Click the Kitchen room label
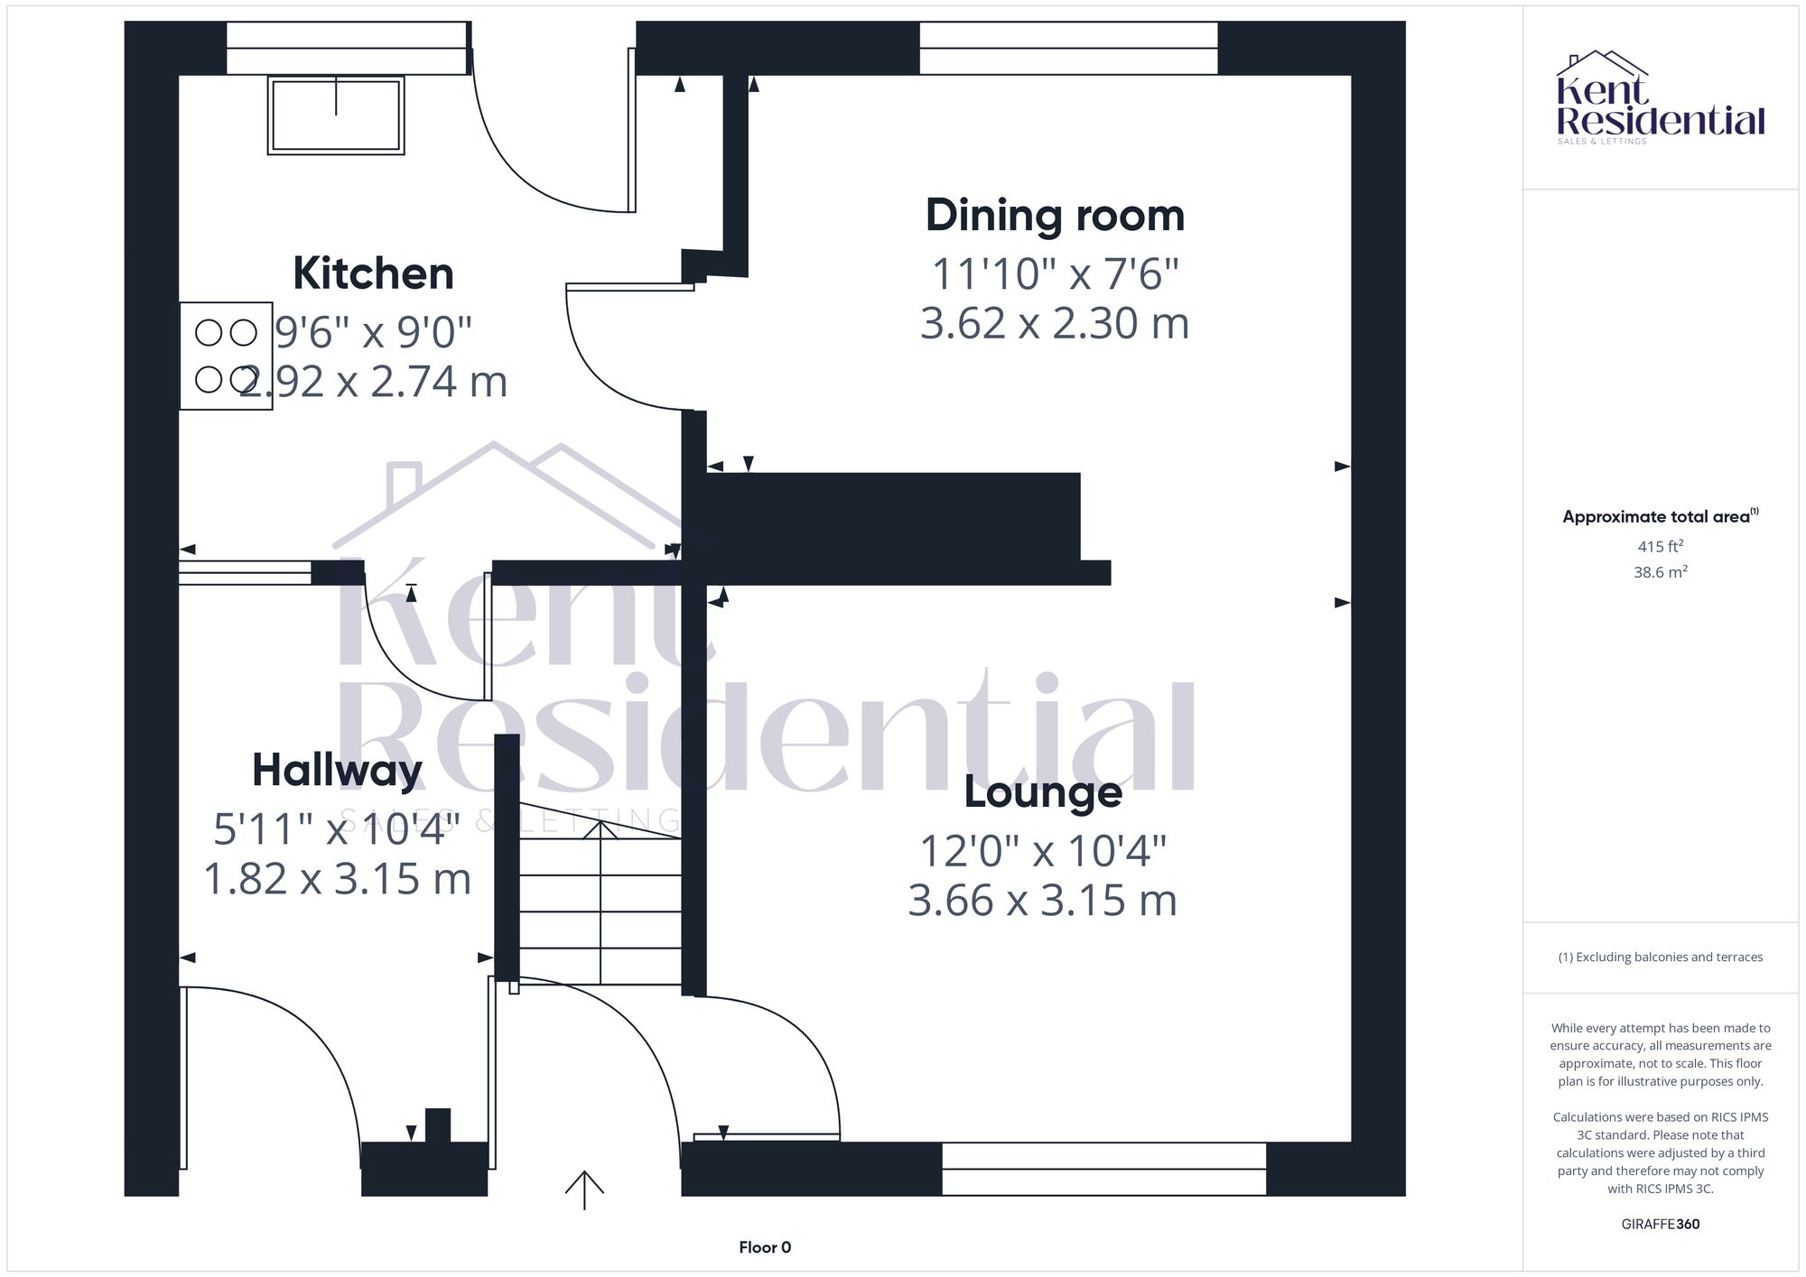(x=373, y=273)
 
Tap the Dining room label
(x=1055, y=216)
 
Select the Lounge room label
(x=1043, y=792)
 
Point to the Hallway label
(x=337, y=770)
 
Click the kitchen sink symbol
(x=336, y=115)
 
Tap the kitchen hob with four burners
(x=226, y=356)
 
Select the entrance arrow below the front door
(x=584, y=1189)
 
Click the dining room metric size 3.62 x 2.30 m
(x=1055, y=323)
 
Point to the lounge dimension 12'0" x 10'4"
(x=1043, y=850)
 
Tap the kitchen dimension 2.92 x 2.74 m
(x=373, y=382)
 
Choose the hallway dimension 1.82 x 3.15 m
(x=337, y=879)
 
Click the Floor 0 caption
(x=765, y=1247)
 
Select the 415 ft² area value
(x=1661, y=546)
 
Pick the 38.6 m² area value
(x=1661, y=571)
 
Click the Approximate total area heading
(x=1661, y=516)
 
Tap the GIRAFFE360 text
(x=1661, y=1224)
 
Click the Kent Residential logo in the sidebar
(x=1661, y=97)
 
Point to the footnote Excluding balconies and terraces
(x=1661, y=957)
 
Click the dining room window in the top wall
(x=1068, y=48)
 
